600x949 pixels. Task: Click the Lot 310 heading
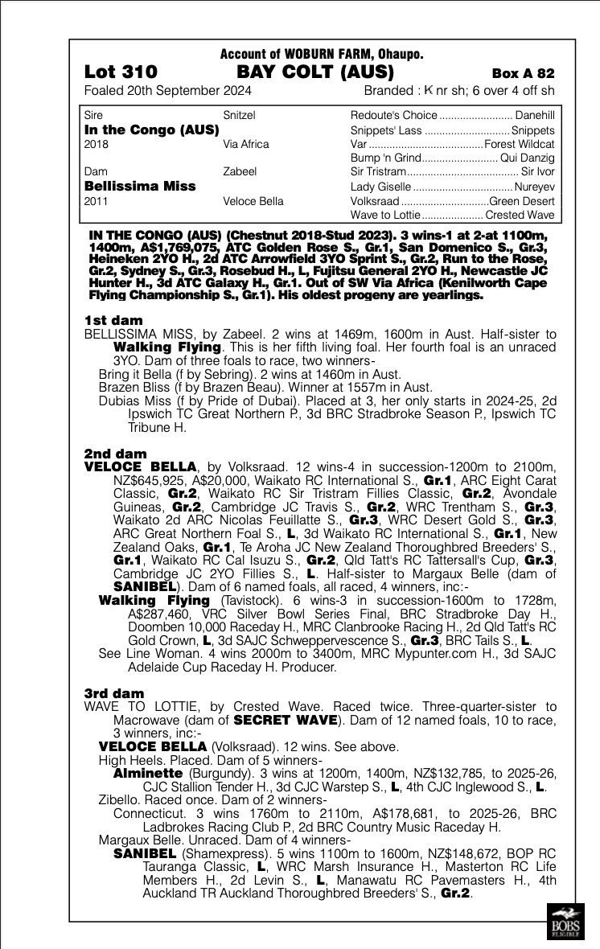point(121,72)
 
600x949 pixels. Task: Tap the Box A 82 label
point(523,74)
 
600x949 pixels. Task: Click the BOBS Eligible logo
point(564,923)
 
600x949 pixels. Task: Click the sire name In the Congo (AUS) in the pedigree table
point(151,129)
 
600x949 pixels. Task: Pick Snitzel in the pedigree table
point(239,115)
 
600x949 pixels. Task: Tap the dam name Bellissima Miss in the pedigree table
point(140,186)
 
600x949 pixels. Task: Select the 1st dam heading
point(113,320)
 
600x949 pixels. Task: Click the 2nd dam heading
point(116,454)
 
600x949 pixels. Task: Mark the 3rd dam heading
point(114,693)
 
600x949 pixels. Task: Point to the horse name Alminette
point(143,773)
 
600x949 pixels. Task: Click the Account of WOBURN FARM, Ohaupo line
point(322,55)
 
